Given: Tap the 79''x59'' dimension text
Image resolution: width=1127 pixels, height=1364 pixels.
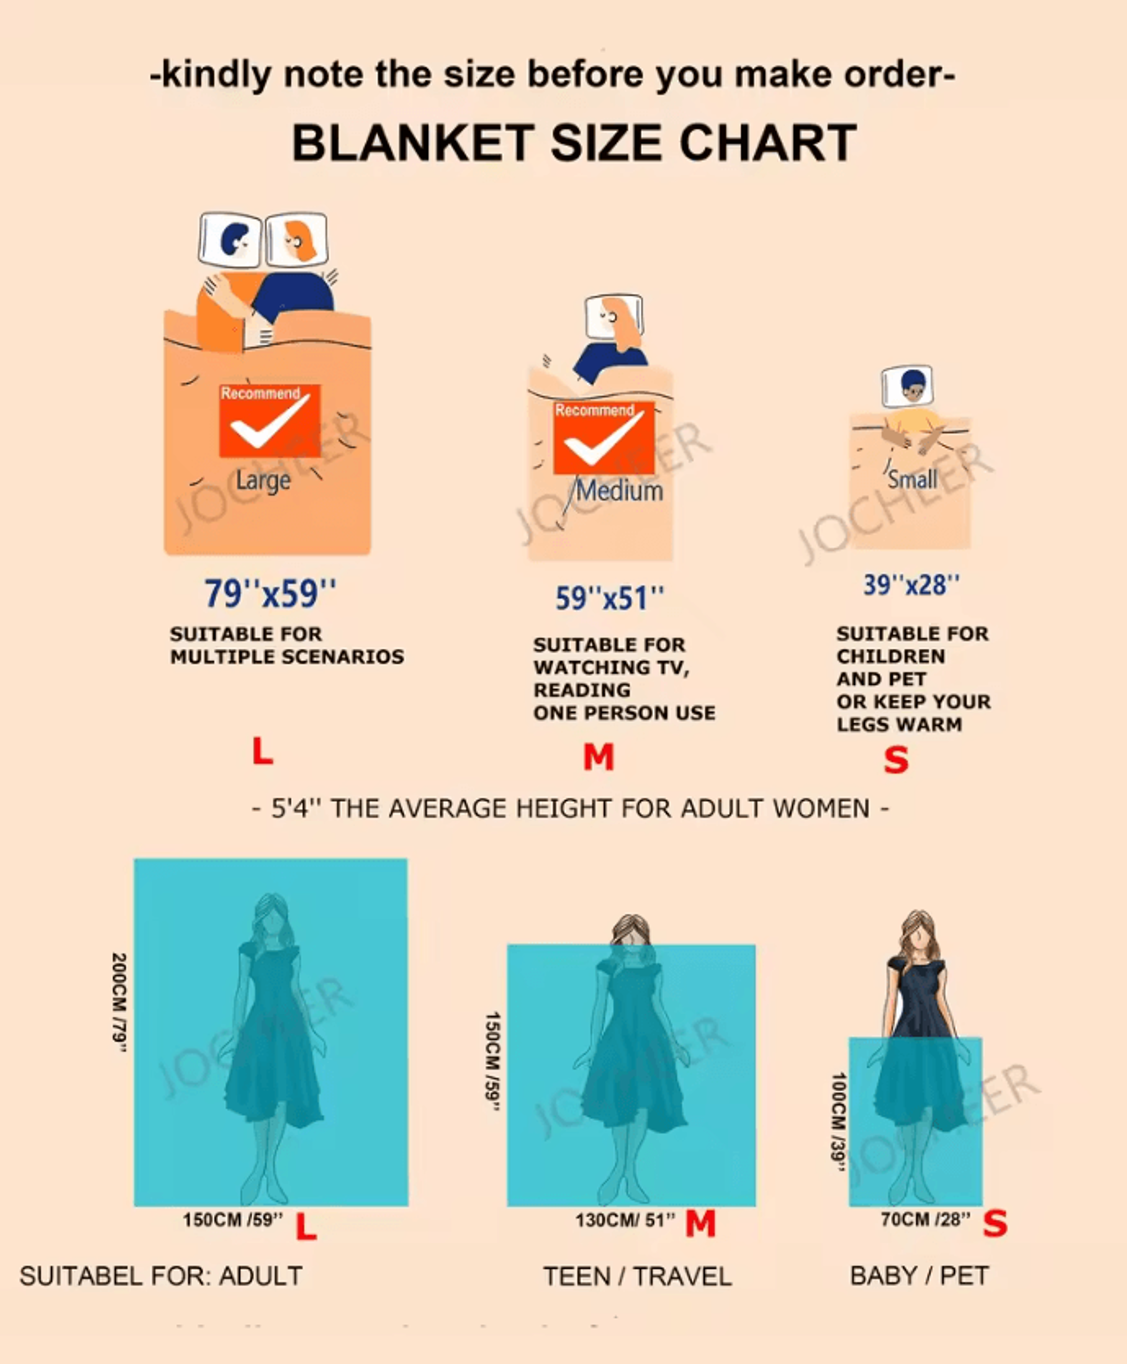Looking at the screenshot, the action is pos(270,593).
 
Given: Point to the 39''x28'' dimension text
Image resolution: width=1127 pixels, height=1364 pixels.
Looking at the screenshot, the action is pos(911,585).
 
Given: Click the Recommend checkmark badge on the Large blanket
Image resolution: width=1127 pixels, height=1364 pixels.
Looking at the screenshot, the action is pos(269,421).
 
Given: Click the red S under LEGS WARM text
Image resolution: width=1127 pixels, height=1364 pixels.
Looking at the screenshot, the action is pos(896,759).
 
